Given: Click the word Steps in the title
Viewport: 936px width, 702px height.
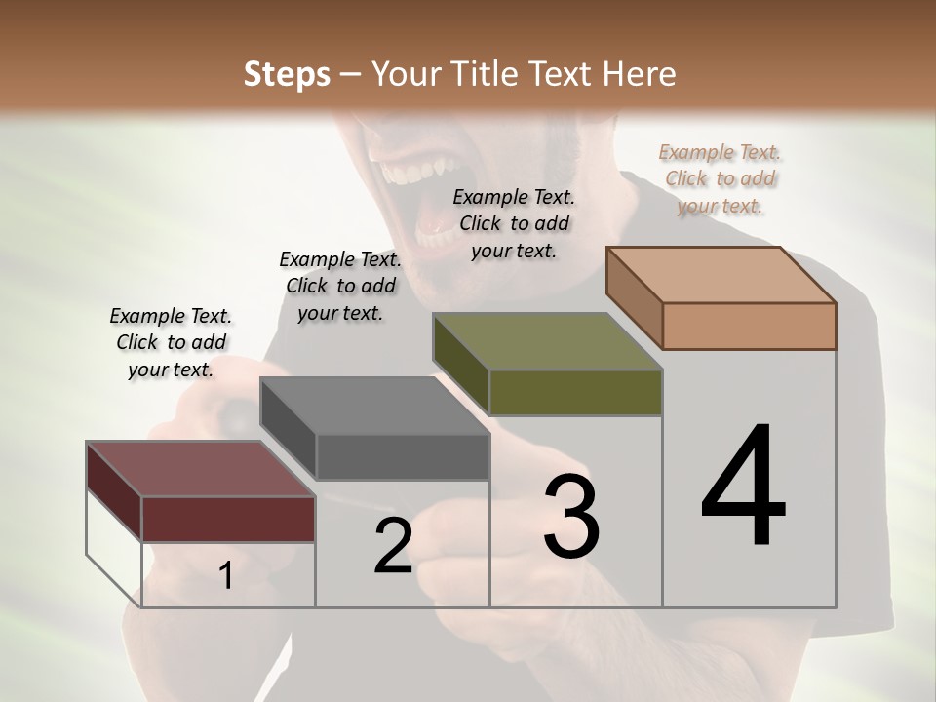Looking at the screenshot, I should click(x=287, y=74).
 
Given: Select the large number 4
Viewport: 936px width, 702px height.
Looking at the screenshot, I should click(x=743, y=487).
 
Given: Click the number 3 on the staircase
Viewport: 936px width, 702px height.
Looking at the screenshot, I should click(x=571, y=518).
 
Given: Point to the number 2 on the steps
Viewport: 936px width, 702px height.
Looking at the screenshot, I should click(x=393, y=546).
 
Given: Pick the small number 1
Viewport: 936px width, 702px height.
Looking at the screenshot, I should click(x=226, y=576).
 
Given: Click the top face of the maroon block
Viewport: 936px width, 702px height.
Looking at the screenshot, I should click(x=200, y=468).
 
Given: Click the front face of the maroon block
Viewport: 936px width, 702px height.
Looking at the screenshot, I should click(x=228, y=519).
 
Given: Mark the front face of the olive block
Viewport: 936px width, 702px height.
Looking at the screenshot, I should click(x=575, y=392).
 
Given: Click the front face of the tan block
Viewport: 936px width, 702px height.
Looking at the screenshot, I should click(x=749, y=326).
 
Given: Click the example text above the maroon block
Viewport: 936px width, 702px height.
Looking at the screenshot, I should click(x=171, y=342).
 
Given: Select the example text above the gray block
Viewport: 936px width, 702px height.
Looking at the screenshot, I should click(x=340, y=286).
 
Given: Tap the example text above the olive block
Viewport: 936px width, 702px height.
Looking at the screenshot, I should click(x=514, y=223).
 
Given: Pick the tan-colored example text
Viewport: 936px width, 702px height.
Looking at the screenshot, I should click(x=720, y=178).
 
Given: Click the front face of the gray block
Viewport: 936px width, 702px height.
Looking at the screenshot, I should click(x=402, y=456).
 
